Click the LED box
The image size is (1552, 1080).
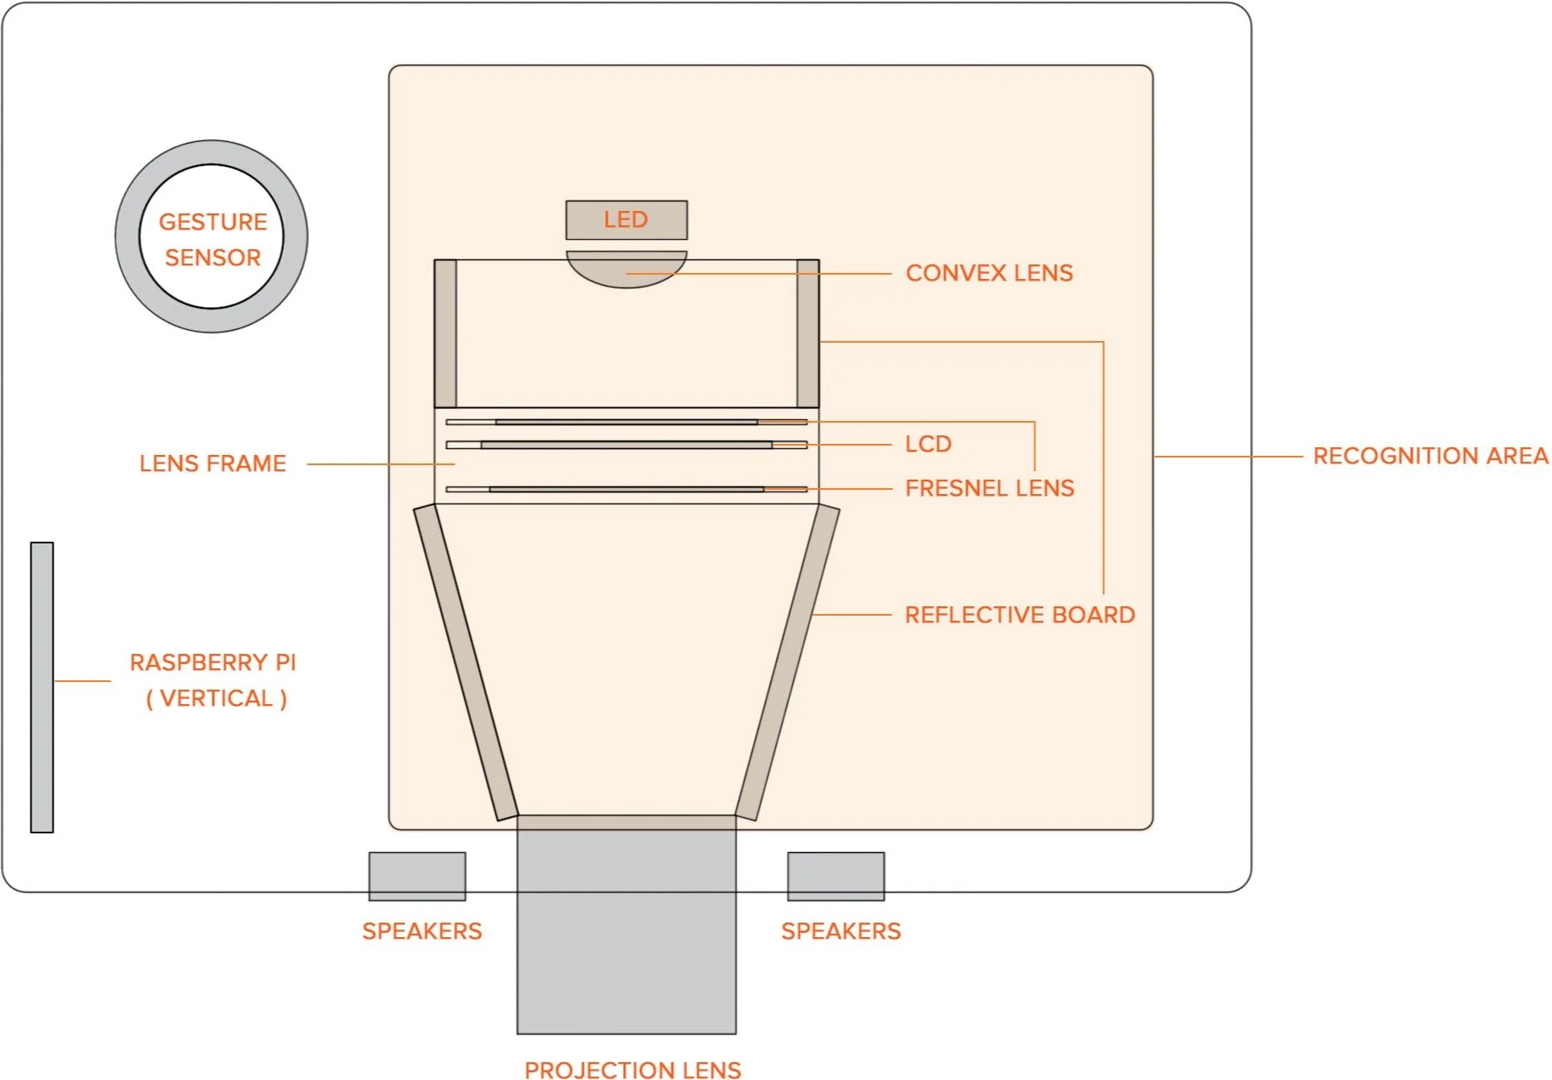[x=626, y=219]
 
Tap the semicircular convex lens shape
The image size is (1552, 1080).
[x=626, y=267]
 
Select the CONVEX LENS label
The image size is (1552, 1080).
[x=988, y=273]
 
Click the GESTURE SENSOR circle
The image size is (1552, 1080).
[x=212, y=236]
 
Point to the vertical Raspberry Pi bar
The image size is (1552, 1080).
[x=42, y=687]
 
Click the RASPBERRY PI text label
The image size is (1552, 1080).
[x=212, y=663]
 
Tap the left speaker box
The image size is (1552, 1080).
[x=416, y=876]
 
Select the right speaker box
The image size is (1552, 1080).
[x=835, y=876]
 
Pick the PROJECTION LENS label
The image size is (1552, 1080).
[x=632, y=1070]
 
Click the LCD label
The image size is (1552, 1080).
[x=928, y=444]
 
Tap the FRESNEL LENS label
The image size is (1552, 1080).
[x=989, y=488]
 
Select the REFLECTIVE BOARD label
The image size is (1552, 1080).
[x=1019, y=615]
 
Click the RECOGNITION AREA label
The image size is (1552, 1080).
[x=1430, y=456]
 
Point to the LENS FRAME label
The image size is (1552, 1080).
[x=212, y=463]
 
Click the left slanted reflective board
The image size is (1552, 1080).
[x=465, y=663]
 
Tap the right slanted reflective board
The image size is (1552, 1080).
[x=788, y=663]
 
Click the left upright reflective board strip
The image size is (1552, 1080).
[x=445, y=333]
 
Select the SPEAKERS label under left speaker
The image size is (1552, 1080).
[x=422, y=931]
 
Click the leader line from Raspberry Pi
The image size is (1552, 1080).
[x=82, y=681]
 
